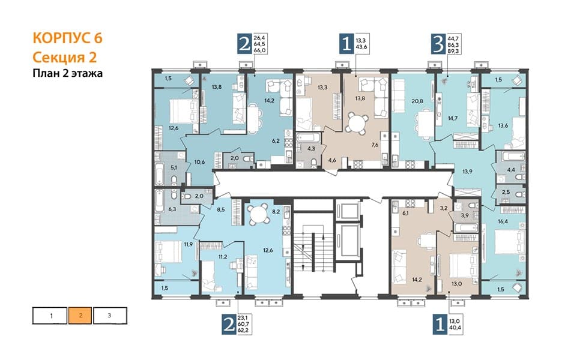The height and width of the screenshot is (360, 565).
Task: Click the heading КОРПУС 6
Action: (68, 38)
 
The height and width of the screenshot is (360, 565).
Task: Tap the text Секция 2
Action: (65, 57)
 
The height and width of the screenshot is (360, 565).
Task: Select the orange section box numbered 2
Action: (80, 316)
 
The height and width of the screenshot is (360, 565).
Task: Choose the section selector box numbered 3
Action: (110, 316)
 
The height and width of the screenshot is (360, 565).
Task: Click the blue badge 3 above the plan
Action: (438, 44)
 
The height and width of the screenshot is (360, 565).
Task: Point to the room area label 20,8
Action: (417, 101)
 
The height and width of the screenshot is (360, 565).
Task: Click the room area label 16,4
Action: (503, 221)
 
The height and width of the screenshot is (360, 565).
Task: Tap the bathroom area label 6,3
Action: (172, 209)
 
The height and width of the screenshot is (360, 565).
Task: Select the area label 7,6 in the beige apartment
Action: (375, 145)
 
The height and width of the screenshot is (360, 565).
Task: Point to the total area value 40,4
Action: (456, 328)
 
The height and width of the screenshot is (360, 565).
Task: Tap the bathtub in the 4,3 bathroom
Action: (308, 137)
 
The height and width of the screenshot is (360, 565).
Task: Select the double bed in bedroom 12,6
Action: (183, 110)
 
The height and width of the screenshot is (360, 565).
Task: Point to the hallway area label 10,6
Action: (199, 162)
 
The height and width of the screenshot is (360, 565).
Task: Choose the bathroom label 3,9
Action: (465, 215)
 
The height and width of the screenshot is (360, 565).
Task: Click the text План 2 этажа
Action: (68, 73)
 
